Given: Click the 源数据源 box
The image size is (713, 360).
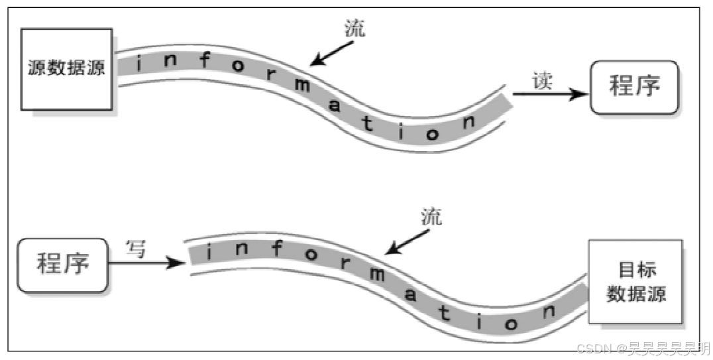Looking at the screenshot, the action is pos(66,69).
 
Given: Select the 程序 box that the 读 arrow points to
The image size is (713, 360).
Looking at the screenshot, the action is pos(634,87).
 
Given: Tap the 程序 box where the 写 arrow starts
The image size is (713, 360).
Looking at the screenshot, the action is pos(62,265).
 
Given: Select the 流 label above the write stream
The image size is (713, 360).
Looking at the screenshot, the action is pos(431,215).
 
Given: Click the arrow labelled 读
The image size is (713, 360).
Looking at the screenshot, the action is pos(550,94).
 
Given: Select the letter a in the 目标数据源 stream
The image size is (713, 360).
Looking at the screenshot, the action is pos(411,295).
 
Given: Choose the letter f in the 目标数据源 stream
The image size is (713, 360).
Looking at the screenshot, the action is pos(276,249).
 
